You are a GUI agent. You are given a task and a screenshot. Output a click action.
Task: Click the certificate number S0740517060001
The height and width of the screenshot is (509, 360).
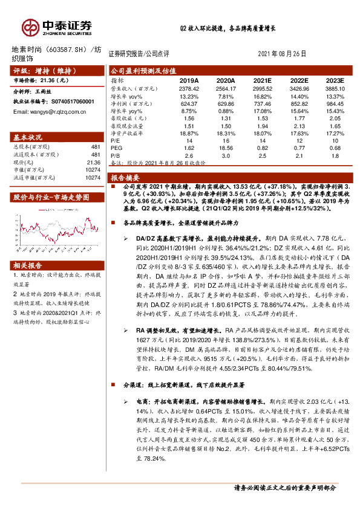[x=70, y=102]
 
